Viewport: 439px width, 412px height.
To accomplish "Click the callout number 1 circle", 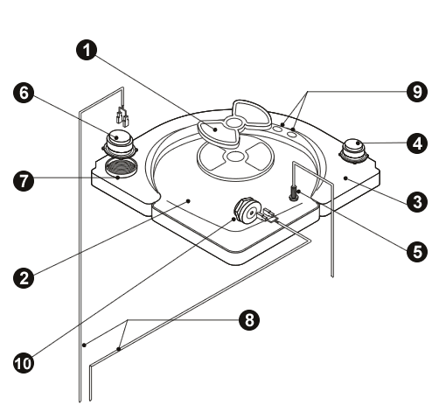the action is tap(87, 50).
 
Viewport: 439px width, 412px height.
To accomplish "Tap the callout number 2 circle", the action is tap(24, 277).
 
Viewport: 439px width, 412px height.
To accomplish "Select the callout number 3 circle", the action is tap(417, 201).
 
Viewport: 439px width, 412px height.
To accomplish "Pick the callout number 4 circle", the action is tap(417, 143).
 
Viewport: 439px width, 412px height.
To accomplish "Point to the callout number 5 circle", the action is tap(417, 251).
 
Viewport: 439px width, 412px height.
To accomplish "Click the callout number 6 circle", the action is tap(24, 94).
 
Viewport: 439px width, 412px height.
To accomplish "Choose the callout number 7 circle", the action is tap(24, 181).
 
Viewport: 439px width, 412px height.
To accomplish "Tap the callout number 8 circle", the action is tap(249, 320).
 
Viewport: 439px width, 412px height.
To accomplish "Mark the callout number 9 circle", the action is tap(417, 92).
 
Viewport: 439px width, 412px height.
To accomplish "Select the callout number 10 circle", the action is tap(24, 363).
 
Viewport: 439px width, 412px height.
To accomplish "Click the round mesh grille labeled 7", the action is tap(121, 167).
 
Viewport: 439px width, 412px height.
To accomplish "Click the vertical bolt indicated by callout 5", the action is tap(294, 193).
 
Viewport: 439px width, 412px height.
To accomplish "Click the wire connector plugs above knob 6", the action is tap(122, 116).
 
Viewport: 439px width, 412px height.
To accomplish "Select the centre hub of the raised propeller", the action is tap(233, 122).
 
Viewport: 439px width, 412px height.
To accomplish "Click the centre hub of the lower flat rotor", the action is tap(235, 157).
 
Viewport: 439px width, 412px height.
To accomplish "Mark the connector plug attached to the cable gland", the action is tap(269, 215).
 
